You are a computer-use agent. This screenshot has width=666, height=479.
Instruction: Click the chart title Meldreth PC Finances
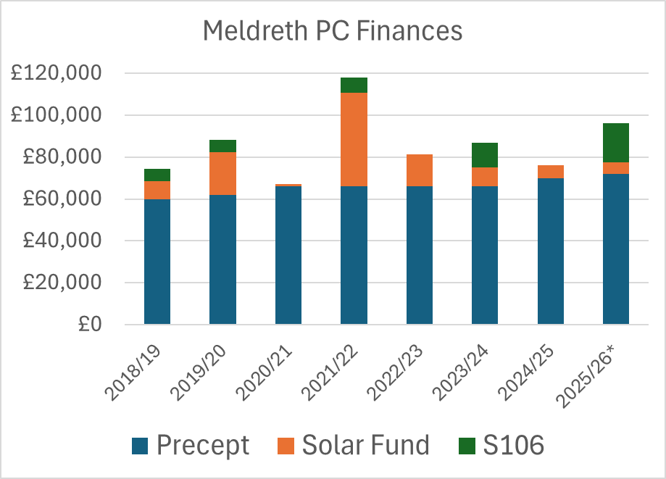[333, 31]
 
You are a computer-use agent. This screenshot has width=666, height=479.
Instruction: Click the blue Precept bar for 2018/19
[157, 261]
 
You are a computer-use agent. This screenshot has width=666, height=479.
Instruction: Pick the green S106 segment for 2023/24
[485, 155]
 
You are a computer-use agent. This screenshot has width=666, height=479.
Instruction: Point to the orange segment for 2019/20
[222, 173]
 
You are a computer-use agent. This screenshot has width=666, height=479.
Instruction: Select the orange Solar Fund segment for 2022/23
[420, 170]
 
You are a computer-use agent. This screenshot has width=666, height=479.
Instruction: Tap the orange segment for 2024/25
[550, 172]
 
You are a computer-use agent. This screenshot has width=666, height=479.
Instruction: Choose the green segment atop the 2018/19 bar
[157, 175]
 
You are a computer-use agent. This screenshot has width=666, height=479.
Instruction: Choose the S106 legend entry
[502, 444]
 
